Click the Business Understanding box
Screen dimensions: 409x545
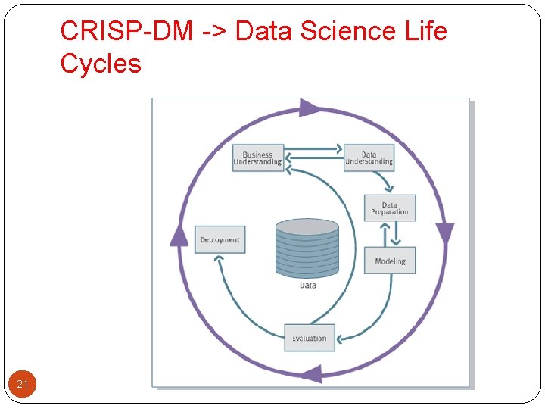click(257, 158)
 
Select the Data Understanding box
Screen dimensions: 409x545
click(369, 158)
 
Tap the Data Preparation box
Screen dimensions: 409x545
click(389, 208)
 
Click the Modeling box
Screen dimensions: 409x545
click(390, 261)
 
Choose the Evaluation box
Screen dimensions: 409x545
click(309, 338)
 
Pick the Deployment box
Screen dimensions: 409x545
click(220, 239)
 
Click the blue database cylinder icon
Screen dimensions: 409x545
click(307, 248)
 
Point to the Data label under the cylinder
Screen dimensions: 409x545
click(308, 286)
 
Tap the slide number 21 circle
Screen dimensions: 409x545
click(22, 385)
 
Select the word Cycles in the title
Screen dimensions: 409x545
click(101, 64)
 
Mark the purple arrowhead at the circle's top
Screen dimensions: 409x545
click(309, 108)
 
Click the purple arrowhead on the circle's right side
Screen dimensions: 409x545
click(445, 234)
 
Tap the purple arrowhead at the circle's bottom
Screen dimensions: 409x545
click(311, 373)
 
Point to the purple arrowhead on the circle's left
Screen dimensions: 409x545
click(179, 236)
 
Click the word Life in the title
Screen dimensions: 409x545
click(425, 31)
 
